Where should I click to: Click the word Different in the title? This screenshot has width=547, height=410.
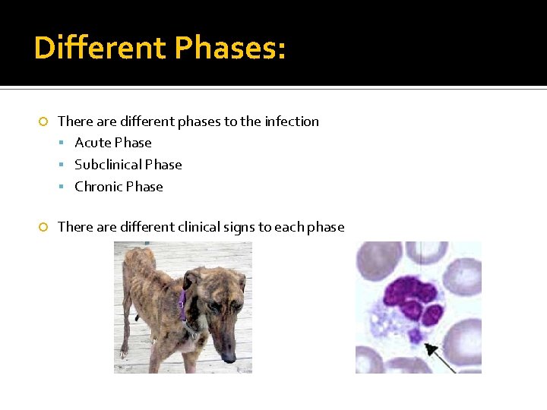[100, 48]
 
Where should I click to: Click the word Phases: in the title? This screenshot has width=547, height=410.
[230, 48]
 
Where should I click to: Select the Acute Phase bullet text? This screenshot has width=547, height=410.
[113, 143]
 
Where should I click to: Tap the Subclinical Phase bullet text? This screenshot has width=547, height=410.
[128, 165]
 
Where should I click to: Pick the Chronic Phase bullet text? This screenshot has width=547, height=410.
[119, 187]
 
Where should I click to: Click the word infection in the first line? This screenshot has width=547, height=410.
[292, 121]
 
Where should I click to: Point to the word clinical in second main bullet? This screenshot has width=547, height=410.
[201, 227]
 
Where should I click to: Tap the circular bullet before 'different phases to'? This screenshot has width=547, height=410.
[43, 121]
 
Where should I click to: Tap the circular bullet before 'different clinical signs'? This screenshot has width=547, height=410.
[43, 227]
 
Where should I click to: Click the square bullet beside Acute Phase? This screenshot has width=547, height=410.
[67, 143]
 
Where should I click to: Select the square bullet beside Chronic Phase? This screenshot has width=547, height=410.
[67, 188]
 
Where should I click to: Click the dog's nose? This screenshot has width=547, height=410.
[231, 356]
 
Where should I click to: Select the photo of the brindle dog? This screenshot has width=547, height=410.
[183, 307]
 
